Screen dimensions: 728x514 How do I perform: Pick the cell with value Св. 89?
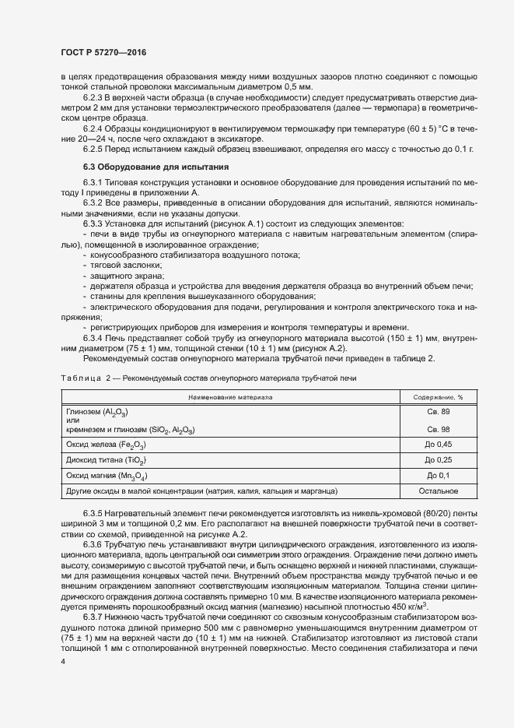point(439,410)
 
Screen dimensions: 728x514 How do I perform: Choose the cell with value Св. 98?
point(439,429)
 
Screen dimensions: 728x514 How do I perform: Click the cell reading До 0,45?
point(439,444)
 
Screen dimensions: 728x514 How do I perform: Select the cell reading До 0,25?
point(439,459)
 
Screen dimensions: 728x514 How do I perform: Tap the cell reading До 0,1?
point(439,475)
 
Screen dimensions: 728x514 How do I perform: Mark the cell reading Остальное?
point(439,491)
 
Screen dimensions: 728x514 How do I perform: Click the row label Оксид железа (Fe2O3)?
point(107,444)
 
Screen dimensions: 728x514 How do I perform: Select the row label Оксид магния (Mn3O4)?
point(107,475)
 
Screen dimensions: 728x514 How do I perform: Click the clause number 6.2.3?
point(93,97)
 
